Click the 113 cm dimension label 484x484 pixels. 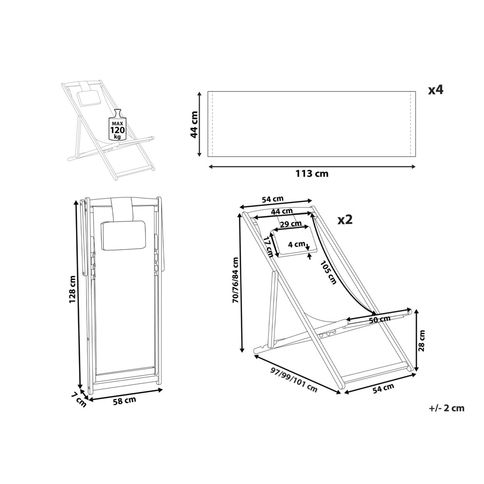tap(311, 173)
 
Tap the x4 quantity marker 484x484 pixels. tap(436, 90)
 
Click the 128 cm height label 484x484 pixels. tap(73, 289)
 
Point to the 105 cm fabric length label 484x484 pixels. tap(328, 273)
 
